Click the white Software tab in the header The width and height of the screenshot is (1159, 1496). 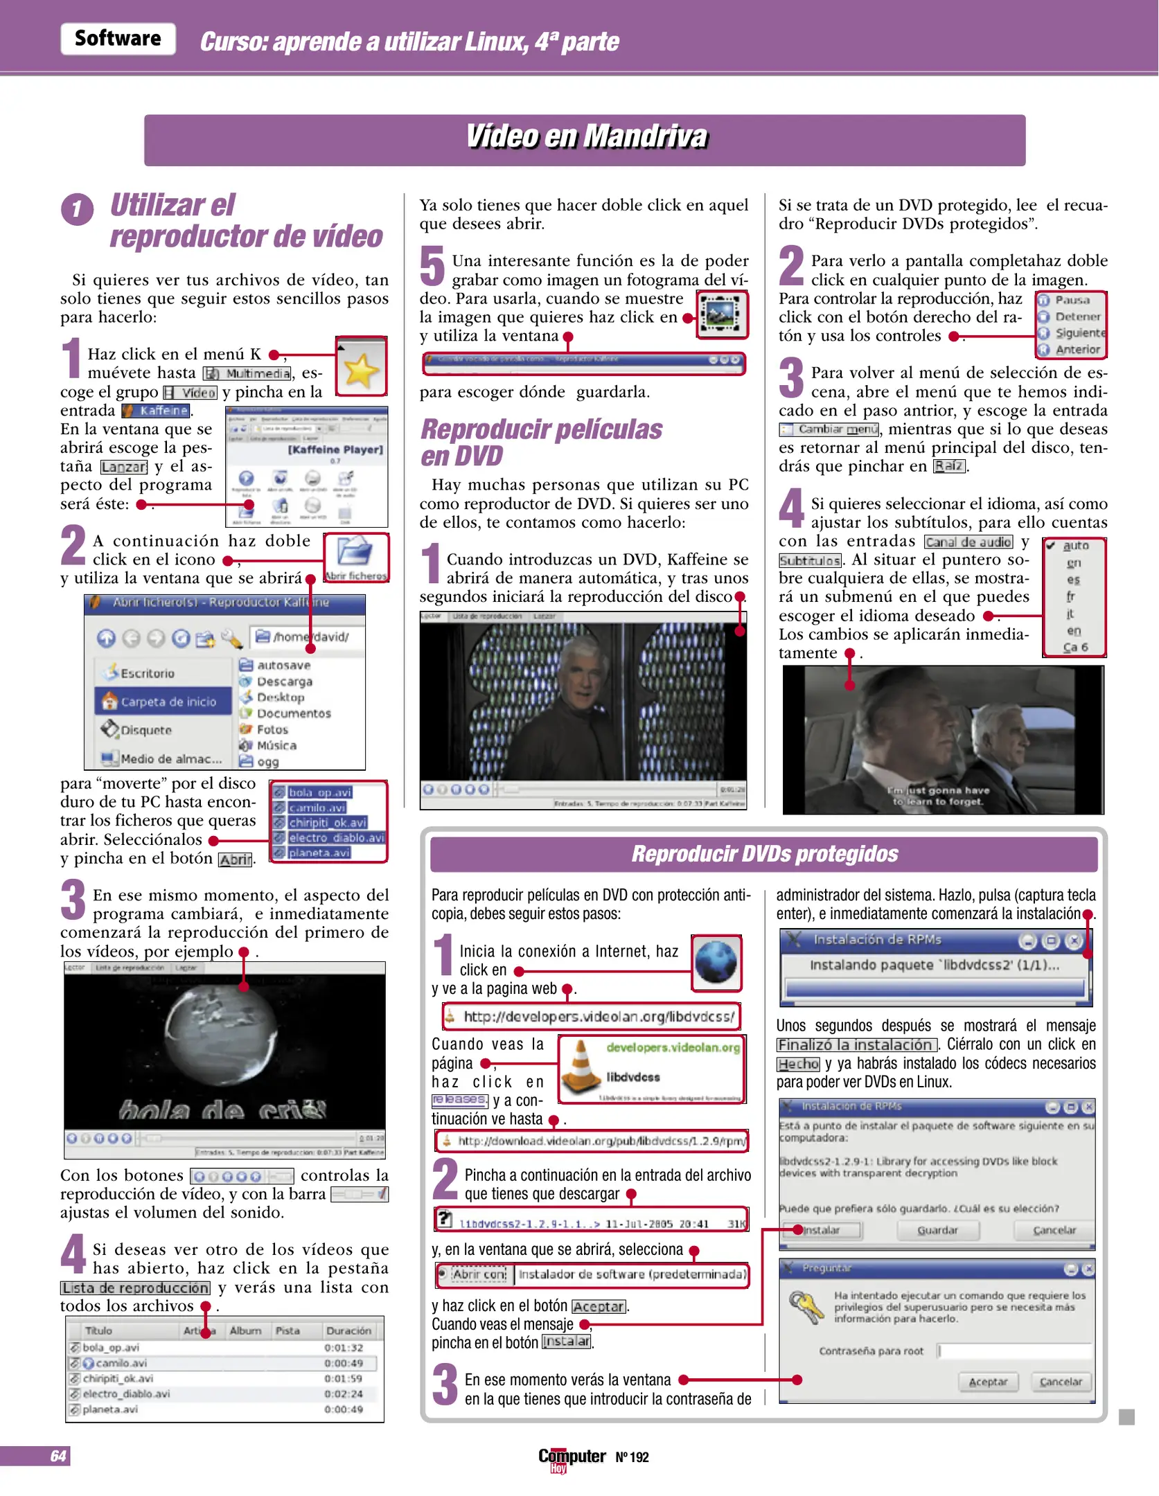(118, 39)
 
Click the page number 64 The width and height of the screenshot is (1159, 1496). (58, 1456)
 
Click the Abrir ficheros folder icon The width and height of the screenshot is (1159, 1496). (355, 553)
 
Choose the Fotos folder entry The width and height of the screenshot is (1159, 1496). (272, 729)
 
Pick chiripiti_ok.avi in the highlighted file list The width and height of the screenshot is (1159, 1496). (327, 823)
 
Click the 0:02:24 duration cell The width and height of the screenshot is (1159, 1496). (344, 1393)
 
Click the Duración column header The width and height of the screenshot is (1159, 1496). (348, 1330)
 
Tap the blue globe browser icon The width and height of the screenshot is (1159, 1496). (716, 961)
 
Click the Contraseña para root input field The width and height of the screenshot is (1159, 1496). (1014, 1351)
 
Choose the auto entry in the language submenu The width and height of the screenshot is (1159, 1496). (1075, 546)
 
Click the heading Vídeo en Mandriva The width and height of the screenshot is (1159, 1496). (585, 136)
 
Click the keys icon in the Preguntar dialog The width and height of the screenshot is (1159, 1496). (806, 1306)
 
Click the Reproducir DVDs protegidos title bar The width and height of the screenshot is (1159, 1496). (763, 854)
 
